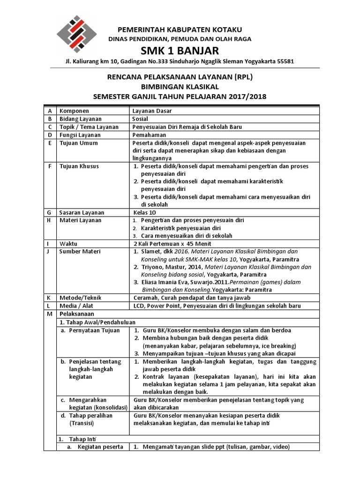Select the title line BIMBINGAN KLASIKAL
point(180,87)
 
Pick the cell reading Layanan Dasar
point(152,111)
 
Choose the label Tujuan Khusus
point(79,166)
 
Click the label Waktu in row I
point(68,244)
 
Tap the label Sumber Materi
point(80,252)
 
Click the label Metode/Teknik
point(81,298)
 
